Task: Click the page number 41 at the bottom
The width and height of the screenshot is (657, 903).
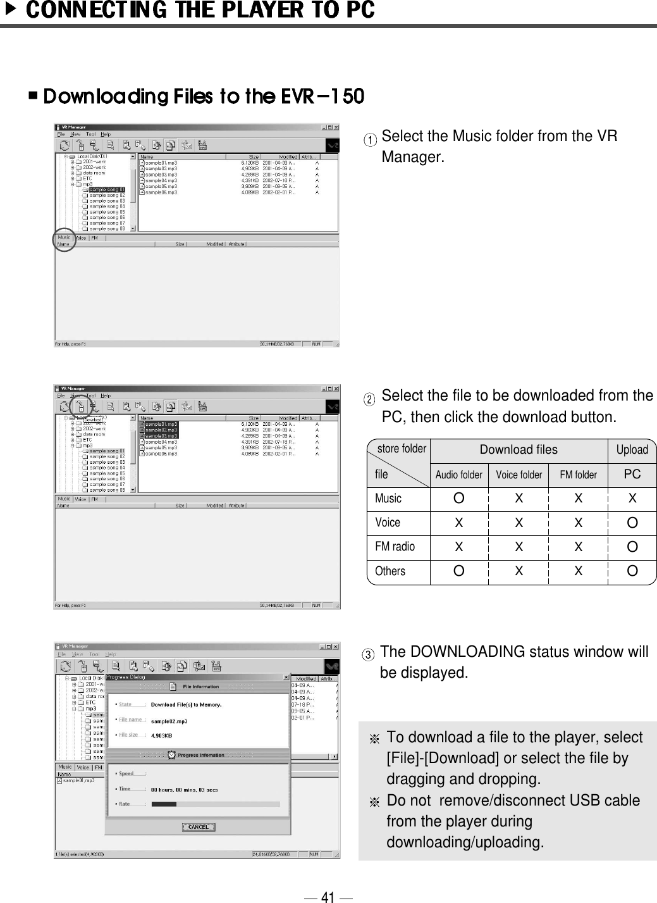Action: [328, 897]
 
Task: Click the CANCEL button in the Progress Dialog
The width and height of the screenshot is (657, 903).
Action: [199, 827]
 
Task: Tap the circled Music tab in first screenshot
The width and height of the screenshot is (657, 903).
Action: [64, 238]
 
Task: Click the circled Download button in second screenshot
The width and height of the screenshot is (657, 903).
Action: [81, 406]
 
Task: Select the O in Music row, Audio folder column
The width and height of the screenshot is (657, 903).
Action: [458, 499]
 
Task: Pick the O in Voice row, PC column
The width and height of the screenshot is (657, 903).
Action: [632, 523]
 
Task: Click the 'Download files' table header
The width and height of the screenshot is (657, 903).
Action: [519, 450]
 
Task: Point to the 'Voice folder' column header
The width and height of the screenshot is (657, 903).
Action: [519, 475]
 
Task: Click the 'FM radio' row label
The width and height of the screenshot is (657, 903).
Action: [395, 547]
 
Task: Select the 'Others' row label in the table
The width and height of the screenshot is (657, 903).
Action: [390, 571]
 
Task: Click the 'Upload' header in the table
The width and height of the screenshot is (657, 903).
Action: [632, 450]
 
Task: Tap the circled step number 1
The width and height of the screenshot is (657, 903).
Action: [374, 139]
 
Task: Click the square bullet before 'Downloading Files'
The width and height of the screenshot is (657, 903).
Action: [33, 96]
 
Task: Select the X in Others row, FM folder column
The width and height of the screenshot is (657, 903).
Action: [578, 571]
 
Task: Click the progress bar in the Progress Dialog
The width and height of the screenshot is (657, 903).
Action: [215, 804]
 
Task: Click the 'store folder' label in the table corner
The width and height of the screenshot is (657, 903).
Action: [402, 449]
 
